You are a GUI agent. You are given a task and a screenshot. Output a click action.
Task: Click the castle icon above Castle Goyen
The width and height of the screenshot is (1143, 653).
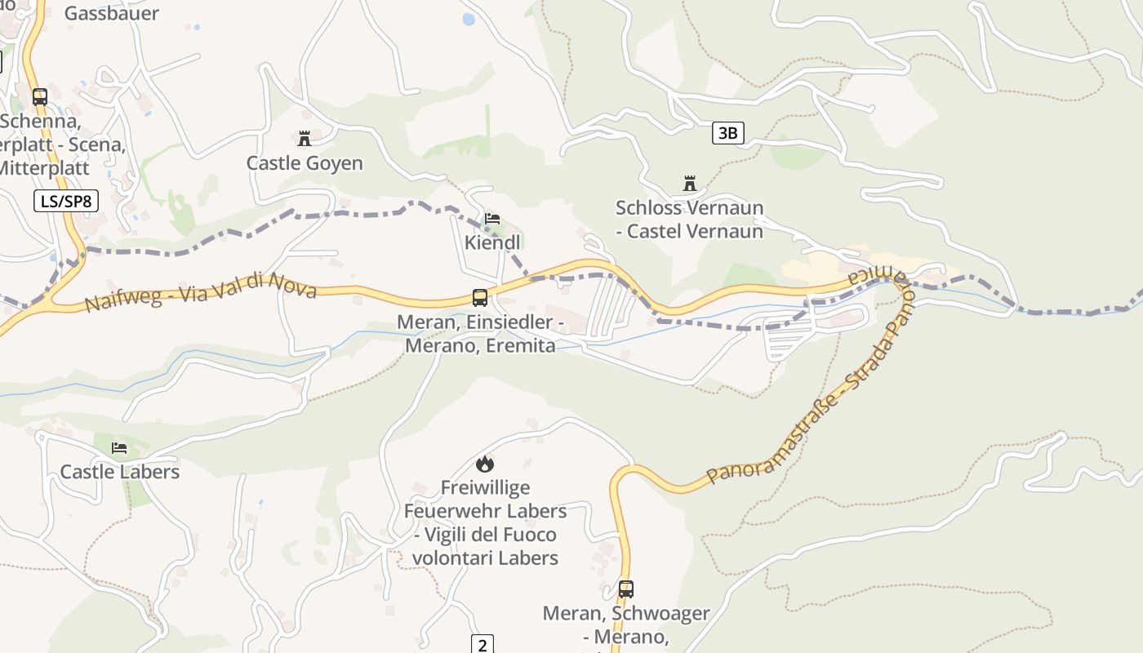point(305,139)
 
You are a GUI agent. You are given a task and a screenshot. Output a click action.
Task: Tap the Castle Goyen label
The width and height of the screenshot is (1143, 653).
point(305,163)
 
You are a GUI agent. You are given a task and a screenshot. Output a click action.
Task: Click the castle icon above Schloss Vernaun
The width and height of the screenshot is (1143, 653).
point(690,183)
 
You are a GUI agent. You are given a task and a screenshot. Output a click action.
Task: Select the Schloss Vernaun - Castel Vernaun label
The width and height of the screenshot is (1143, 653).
point(690,220)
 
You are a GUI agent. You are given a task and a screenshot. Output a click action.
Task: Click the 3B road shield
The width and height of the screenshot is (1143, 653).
point(728,133)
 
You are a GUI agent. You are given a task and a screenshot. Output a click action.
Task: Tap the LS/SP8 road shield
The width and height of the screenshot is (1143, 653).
point(66,201)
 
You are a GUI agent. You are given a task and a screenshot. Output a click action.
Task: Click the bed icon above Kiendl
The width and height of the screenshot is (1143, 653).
point(492,219)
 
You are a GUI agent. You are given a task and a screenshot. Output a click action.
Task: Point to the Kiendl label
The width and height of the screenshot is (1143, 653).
point(492,242)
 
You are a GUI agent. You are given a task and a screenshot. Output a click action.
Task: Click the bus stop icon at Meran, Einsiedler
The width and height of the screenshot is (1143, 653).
point(480,298)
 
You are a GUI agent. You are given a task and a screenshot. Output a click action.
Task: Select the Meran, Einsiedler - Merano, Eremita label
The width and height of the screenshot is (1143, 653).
point(480,334)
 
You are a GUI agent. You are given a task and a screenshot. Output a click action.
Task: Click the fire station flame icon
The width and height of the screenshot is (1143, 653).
point(485,464)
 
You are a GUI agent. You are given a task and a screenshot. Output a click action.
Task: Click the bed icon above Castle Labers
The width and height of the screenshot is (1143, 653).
point(119,448)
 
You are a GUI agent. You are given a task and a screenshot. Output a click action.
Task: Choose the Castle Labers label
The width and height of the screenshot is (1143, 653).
point(119,472)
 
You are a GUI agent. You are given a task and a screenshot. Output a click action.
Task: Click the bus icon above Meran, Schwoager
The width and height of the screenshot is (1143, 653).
point(626,589)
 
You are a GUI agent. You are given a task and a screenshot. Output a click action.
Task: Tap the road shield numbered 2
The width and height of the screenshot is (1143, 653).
point(483,645)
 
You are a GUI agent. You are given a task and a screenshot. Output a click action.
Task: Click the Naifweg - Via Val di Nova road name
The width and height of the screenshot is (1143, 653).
point(200,292)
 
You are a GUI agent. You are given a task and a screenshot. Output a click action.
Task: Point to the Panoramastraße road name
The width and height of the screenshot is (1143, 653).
point(808,408)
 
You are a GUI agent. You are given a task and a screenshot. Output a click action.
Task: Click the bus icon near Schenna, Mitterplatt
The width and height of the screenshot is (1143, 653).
point(40,97)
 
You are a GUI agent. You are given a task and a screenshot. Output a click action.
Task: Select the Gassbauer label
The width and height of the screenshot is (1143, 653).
point(111,13)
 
